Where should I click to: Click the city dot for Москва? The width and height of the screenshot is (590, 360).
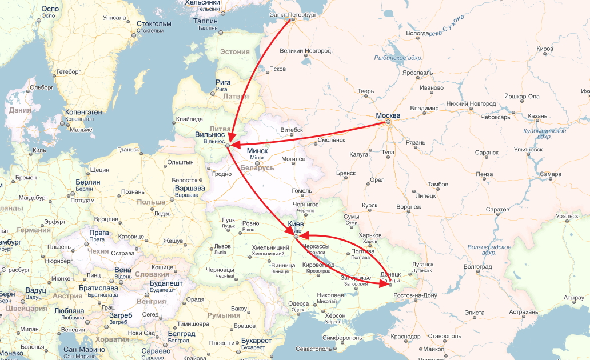pyautogui.click(x=388, y=122)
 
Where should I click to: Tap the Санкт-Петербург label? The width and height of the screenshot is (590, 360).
pyautogui.click(x=292, y=13)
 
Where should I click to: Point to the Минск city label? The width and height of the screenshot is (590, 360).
pyautogui.click(x=257, y=151)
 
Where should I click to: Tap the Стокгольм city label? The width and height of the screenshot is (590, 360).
pyautogui.click(x=154, y=24)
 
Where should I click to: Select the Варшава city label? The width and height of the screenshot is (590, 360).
pyautogui.click(x=189, y=188)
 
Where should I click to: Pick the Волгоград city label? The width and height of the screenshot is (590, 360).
pyautogui.click(x=477, y=266)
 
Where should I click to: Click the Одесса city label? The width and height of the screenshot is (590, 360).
pyautogui.click(x=299, y=303)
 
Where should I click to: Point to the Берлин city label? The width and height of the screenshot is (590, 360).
pyautogui.click(x=87, y=182)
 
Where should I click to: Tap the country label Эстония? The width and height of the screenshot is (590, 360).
pyautogui.click(x=235, y=51)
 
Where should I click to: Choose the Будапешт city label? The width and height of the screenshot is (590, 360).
pyautogui.click(x=166, y=283)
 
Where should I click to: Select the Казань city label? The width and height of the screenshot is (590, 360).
pyautogui.click(x=537, y=116)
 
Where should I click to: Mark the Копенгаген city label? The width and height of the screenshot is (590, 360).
pyautogui.click(x=83, y=112)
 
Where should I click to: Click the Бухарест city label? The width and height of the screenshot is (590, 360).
pyautogui.click(x=256, y=341)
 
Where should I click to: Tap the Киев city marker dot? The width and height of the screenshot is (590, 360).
pyautogui.click(x=296, y=235)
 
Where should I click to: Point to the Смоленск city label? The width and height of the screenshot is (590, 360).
pyautogui.click(x=332, y=139)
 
